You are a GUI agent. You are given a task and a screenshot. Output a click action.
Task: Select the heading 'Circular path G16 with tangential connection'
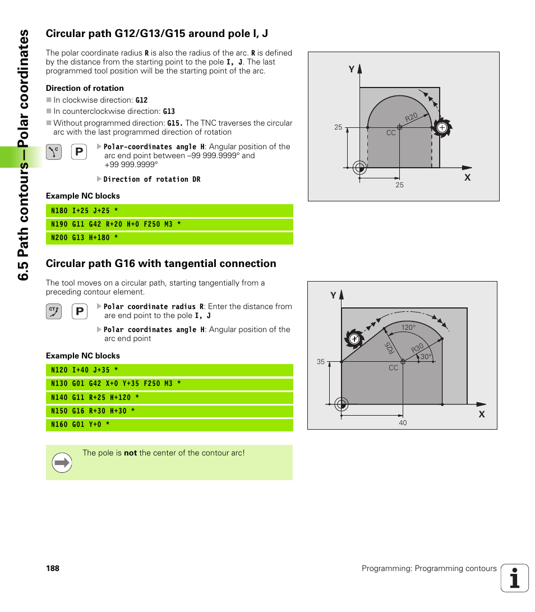tap(161, 264)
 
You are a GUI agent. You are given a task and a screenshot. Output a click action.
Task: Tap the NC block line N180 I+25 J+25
tap(84, 211)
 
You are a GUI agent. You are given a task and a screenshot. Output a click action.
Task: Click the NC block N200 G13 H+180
tap(84, 238)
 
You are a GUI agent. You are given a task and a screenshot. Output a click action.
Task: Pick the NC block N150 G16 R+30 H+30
tap(93, 411)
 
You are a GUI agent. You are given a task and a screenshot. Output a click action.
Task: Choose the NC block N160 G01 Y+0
tap(80, 425)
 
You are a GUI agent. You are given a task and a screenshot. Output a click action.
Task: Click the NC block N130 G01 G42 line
tap(116, 384)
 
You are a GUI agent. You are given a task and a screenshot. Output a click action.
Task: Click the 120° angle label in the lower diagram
tap(408, 328)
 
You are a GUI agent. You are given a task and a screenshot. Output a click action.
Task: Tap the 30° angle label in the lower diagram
tap(426, 357)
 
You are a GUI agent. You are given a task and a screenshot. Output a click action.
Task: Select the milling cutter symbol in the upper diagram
tap(442, 128)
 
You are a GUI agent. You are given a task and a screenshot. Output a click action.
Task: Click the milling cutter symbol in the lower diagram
tap(354, 339)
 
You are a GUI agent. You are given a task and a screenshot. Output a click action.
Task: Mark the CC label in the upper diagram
tap(391, 133)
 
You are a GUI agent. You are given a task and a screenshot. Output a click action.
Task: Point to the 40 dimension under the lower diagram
tap(403, 423)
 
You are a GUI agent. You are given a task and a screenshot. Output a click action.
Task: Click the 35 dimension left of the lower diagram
tap(321, 362)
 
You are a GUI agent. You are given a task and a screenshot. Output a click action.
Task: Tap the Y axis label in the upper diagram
tap(352, 70)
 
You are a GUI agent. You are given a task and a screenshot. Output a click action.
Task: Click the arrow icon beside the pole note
tap(62, 463)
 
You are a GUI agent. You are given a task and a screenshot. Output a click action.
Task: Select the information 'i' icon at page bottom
tap(515, 578)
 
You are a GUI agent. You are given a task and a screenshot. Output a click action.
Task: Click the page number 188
tap(53, 568)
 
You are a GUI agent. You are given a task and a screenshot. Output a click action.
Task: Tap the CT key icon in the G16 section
tap(54, 311)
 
